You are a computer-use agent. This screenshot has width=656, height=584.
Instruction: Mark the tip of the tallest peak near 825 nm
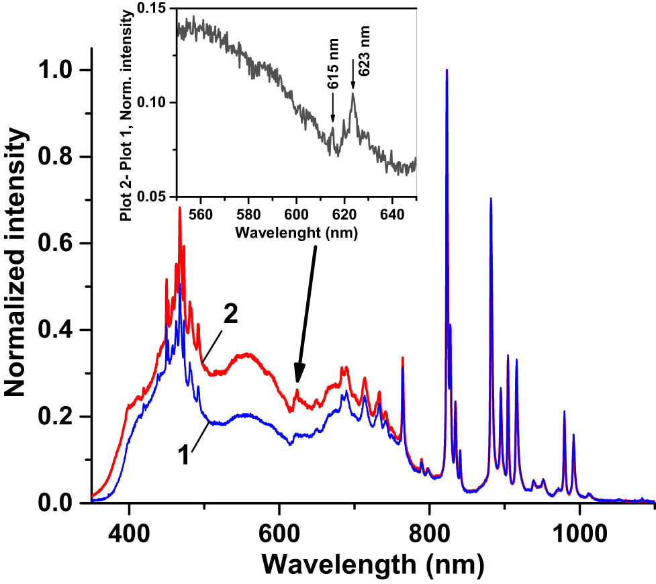pyautogui.click(x=447, y=70)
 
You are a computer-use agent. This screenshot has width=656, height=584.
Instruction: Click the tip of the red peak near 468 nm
pyautogui.click(x=179, y=207)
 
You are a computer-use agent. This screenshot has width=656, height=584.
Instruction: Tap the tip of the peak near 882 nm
pyautogui.click(x=491, y=199)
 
